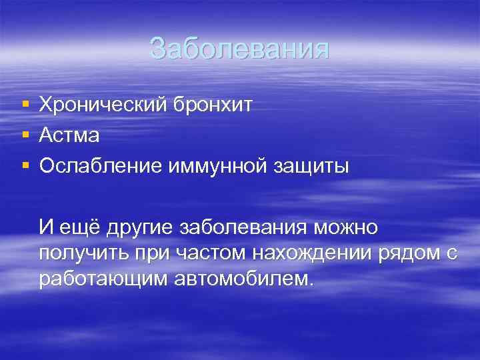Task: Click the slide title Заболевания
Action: [x=239, y=49]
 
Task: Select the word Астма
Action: [x=69, y=136]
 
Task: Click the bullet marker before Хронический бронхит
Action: [x=25, y=105]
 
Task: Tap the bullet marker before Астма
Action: [x=25, y=135]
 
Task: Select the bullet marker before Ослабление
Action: [x=25, y=167]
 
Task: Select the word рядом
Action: [x=409, y=253]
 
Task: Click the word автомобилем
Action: [x=243, y=278]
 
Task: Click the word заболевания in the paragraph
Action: [x=239, y=228]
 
